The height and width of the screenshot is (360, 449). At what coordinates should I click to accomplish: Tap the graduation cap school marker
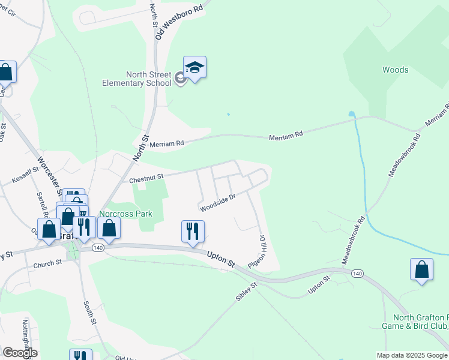pyautogui.click(x=194, y=67)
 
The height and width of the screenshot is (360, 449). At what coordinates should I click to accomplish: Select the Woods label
pyautogui.click(x=395, y=70)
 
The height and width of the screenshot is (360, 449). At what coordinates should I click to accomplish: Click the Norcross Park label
pyautogui.click(x=125, y=214)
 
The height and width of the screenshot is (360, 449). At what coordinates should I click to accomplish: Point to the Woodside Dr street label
pyautogui.click(x=217, y=202)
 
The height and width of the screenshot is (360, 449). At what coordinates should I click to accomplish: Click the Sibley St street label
pyautogui.click(x=247, y=292)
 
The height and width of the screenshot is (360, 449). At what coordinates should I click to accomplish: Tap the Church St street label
pyautogui.click(x=47, y=263)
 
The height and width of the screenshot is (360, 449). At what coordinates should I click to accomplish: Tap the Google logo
pyautogui.click(x=20, y=353)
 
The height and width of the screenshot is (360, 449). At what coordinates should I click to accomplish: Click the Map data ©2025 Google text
pyautogui.click(x=411, y=355)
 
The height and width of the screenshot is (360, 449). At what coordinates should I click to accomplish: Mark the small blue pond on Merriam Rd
pyautogui.click(x=351, y=113)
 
